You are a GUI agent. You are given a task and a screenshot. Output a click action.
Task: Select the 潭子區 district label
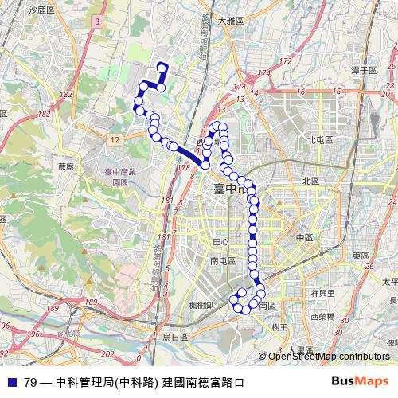point(363,70)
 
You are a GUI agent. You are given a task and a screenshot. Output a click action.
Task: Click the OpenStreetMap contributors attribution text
point(330,356)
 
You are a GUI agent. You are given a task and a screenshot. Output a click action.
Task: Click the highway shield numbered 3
point(97,21)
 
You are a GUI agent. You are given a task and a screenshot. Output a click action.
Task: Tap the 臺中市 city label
point(232,190)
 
